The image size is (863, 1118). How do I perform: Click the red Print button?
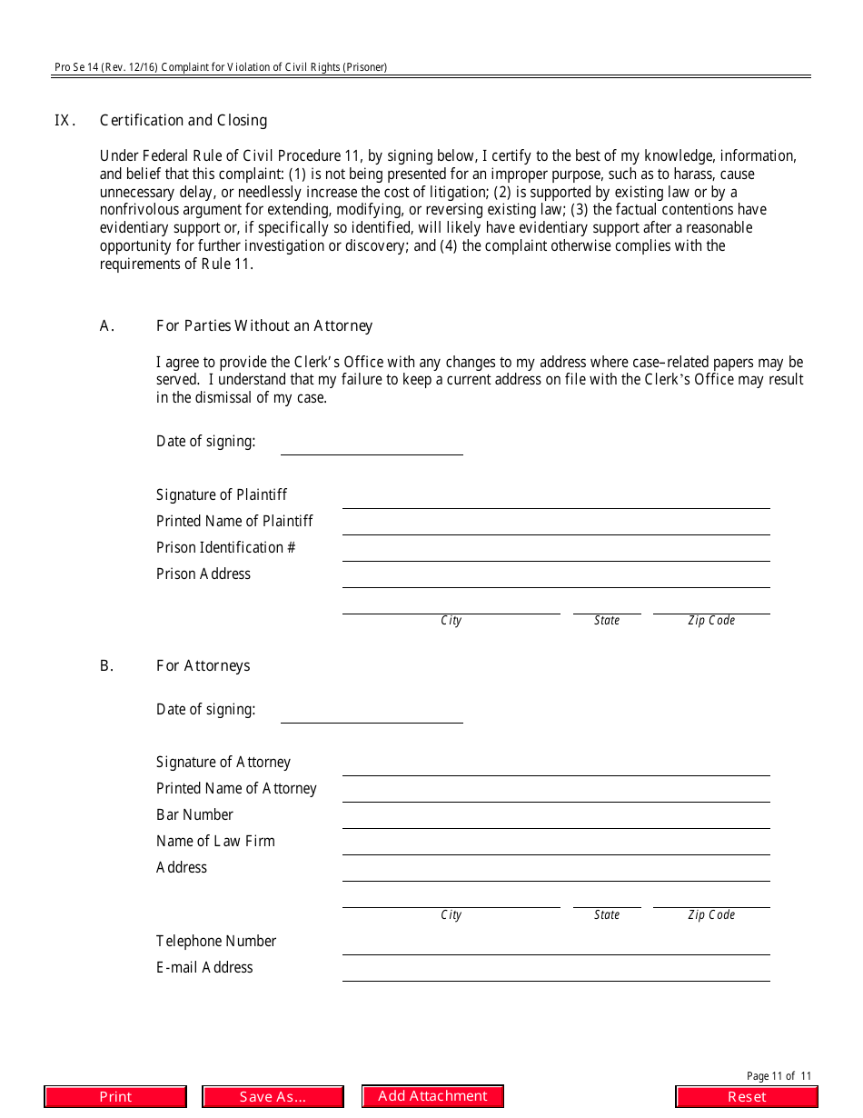pyautogui.click(x=115, y=1097)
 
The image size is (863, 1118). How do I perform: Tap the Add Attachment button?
pyautogui.click(x=432, y=1096)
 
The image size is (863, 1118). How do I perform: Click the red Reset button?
pyautogui.click(x=747, y=1097)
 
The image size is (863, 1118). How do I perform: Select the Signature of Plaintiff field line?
pyautogui.click(x=555, y=498)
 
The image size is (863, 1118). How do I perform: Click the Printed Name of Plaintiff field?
pyautogui.click(x=555, y=524)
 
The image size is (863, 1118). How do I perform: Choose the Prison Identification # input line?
pyautogui.click(x=555, y=551)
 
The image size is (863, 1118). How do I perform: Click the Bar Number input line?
pyautogui.click(x=555, y=818)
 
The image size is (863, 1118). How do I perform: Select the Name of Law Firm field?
pyautogui.click(x=555, y=844)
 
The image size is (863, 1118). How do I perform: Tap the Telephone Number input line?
pyautogui.click(x=555, y=944)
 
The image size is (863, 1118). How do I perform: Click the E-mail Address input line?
pyautogui.click(x=555, y=971)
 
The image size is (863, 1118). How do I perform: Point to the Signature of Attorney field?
pyautogui.click(x=555, y=765)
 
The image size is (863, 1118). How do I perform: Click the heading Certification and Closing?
pyautogui.click(x=183, y=121)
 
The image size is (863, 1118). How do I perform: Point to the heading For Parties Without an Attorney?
pyautogui.click(x=263, y=326)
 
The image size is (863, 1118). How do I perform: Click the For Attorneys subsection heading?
pyautogui.click(x=203, y=666)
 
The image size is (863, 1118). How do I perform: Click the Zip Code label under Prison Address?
pyautogui.click(x=711, y=621)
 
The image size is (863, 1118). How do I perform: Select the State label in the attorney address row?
pyautogui.click(x=607, y=915)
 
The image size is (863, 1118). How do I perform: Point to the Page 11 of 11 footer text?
pyautogui.click(x=779, y=1076)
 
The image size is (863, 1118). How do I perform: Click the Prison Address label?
pyautogui.click(x=203, y=574)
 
